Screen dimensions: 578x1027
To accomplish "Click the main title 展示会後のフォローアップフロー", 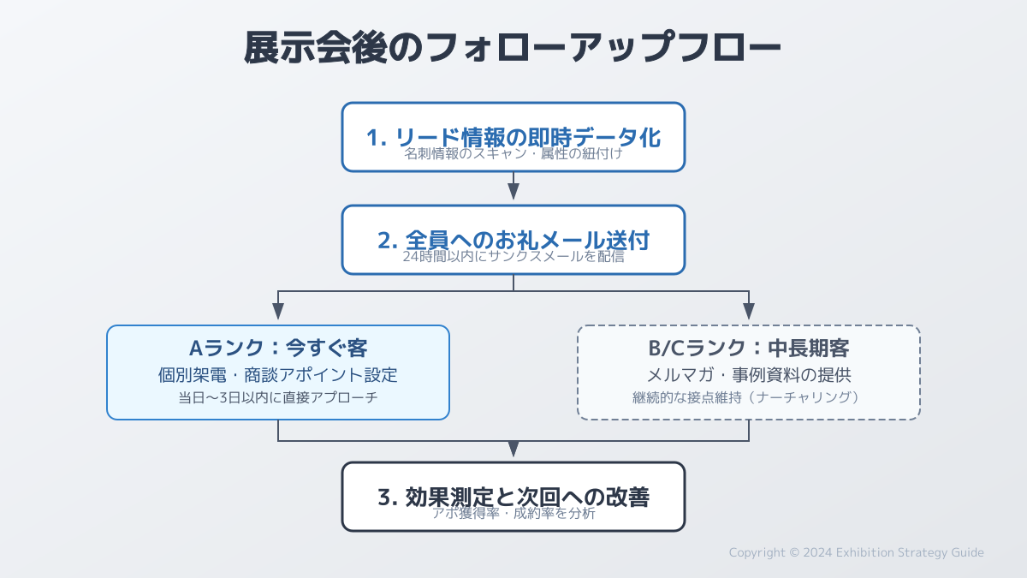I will [x=513, y=49].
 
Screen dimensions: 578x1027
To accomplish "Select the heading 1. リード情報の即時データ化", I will [x=513, y=137].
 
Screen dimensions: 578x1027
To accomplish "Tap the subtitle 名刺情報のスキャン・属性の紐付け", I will [x=513, y=155].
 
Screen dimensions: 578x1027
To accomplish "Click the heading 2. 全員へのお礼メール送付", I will [x=513, y=240].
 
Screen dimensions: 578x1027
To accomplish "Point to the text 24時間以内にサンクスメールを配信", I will [x=513, y=256].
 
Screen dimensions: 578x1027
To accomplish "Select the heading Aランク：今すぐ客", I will [x=278, y=349].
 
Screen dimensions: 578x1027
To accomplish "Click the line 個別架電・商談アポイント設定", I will [x=278, y=375].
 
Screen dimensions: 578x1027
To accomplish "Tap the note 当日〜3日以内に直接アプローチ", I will [x=278, y=398].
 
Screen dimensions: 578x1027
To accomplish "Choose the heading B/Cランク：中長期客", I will [x=749, y=349].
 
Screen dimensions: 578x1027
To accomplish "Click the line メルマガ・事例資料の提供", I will [x=749, y=375].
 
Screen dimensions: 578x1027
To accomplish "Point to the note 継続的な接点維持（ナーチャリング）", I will [x=749, y=398].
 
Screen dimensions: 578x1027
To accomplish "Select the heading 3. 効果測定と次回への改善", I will [x=513, y=498].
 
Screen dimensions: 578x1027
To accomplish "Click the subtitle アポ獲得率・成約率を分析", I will [x=513, y=514].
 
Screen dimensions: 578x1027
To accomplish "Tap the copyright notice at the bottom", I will [x=856, y=552].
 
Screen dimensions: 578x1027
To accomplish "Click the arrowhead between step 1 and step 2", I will [x=513, y=193].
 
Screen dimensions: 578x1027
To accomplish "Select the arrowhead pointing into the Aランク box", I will [x=278, y=313].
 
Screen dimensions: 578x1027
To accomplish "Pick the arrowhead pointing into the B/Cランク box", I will [x=749, y=313].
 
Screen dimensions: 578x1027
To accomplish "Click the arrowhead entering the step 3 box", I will [x=513, y=450].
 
